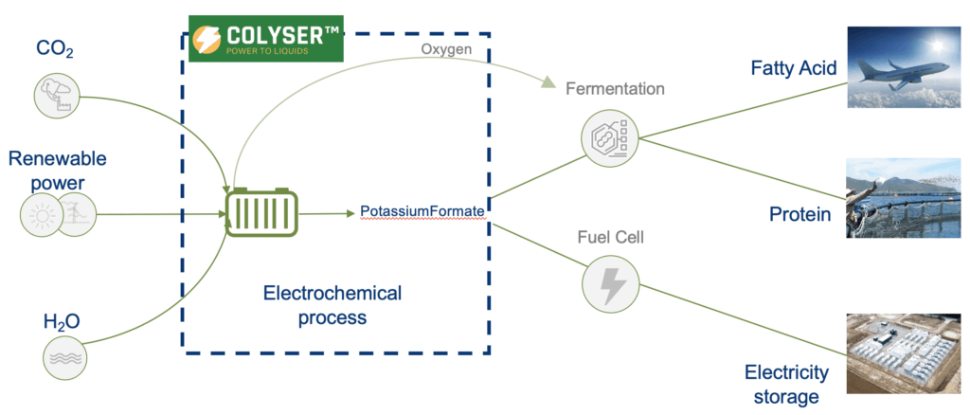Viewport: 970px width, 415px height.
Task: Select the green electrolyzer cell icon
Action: pos(261,212)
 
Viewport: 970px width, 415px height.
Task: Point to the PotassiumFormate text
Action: pos(422,209)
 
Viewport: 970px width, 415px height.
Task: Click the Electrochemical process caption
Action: pos(332,305)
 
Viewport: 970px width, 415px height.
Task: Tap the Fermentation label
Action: pos(615,90)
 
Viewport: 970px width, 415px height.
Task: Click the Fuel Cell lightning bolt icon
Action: pos(610,281)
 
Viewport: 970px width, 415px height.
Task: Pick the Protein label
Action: pos(799,214)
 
